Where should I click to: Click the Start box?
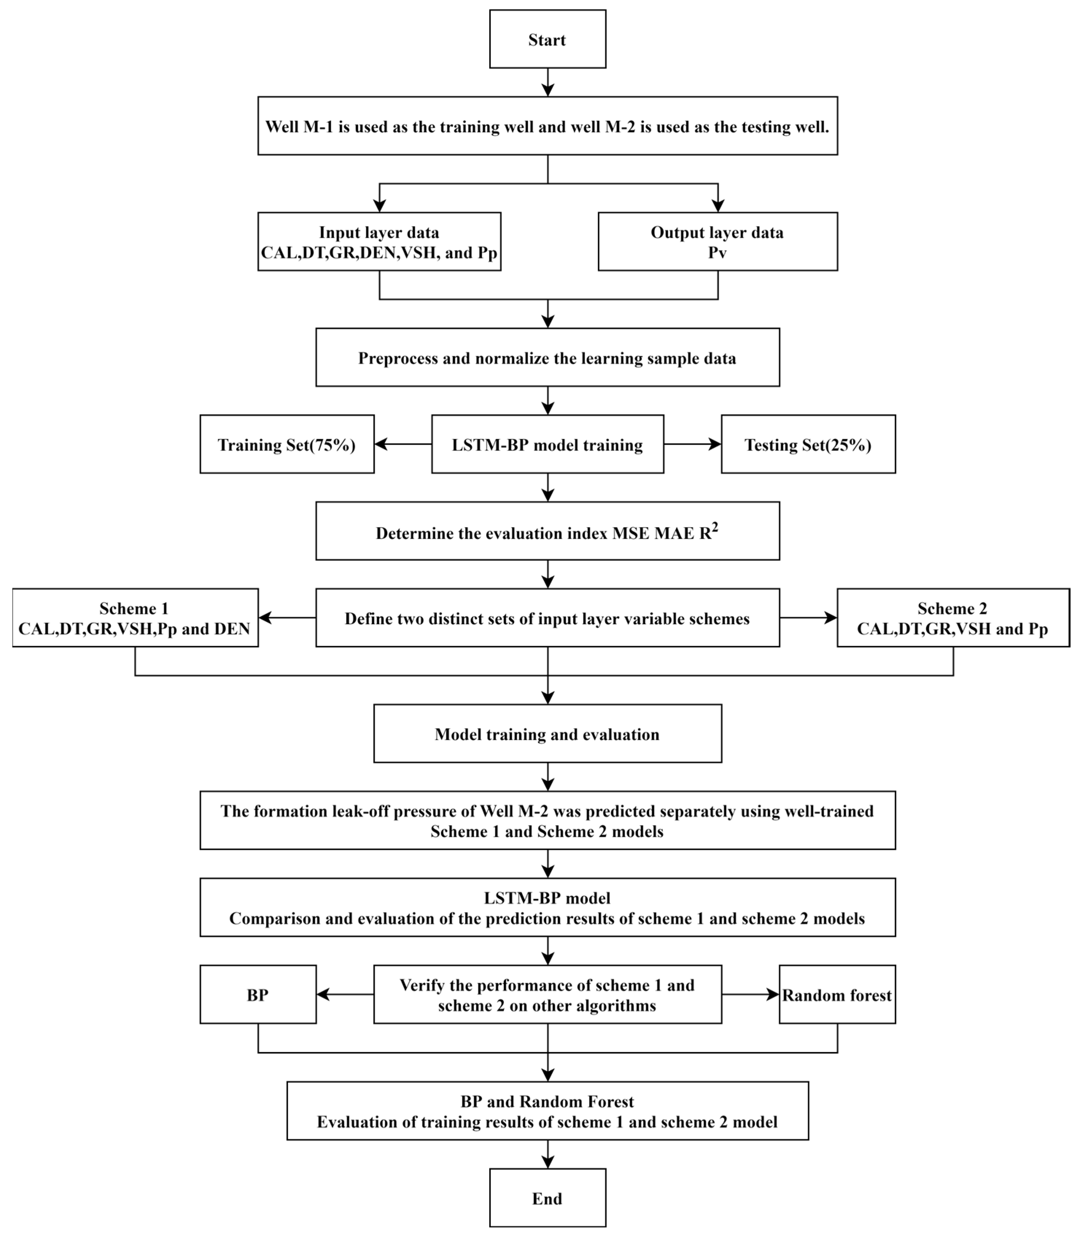(547, 39)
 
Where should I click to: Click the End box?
(547, 1198)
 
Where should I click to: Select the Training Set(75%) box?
(287, 444)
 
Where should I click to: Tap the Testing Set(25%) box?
(808, 444)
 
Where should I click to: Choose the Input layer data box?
(379, 241)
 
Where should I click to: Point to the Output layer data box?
(717, 241)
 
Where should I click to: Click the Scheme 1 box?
(135, 618)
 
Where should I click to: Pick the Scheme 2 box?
(953, 618)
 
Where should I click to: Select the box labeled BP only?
(258, 994)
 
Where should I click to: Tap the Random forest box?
(837, 994)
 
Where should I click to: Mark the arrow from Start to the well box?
(547, 83)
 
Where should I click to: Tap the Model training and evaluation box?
(547, 733)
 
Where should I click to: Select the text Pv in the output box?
(717, 253)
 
